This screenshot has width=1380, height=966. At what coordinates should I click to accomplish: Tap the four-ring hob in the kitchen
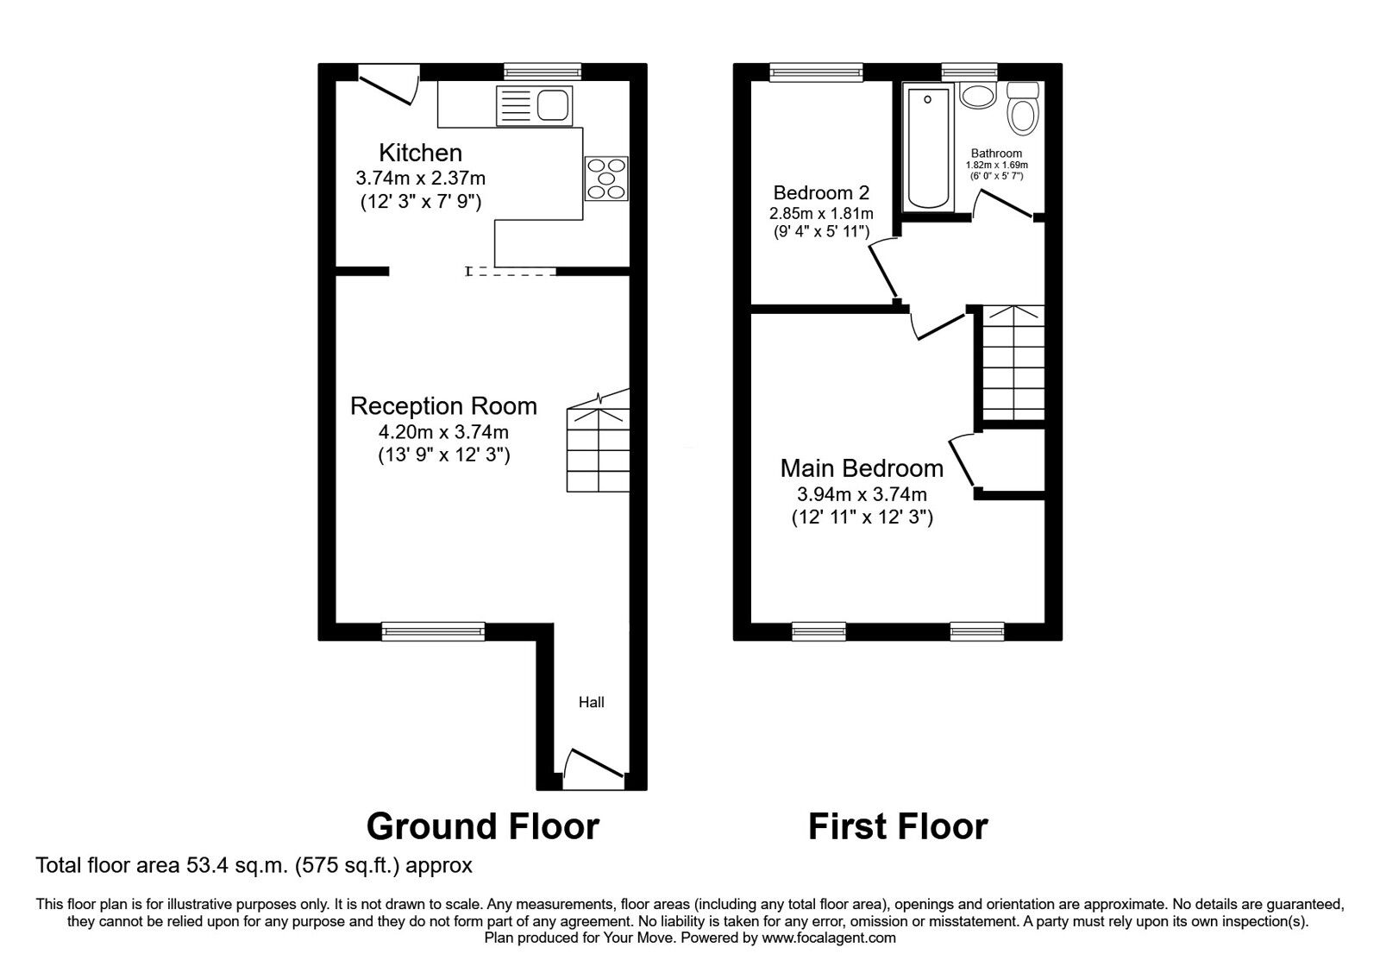(606, 179)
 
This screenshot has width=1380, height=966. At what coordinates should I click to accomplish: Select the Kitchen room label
(421, 153)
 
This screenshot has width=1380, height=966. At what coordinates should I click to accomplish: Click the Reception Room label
(443, 406)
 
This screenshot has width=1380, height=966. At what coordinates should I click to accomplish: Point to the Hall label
(591, 702)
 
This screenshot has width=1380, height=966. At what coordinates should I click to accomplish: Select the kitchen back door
(388, 87)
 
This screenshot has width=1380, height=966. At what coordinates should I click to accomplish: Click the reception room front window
(433, 632)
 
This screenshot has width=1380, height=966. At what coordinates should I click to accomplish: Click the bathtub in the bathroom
(928, 147)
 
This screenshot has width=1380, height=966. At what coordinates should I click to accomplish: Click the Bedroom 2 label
(820, 192)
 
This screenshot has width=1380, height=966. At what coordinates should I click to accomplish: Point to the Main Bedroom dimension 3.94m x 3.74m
(862, 494)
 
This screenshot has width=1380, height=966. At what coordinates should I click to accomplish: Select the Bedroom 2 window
(816, 72)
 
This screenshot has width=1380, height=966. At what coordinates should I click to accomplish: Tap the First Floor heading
(897, 826)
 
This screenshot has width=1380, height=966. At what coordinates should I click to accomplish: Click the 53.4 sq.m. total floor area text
(254, 864)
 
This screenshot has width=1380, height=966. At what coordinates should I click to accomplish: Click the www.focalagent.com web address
(829, 938)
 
